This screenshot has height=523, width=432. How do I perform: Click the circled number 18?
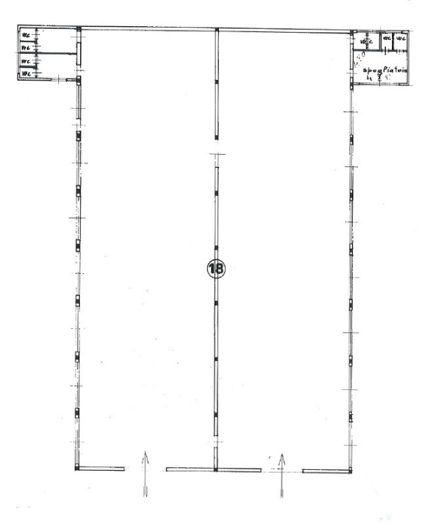216,267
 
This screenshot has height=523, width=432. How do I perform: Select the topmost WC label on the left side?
25,34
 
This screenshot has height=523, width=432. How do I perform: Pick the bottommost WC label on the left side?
25,73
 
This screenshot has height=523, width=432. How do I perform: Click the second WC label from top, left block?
25,47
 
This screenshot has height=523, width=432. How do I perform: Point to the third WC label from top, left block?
25,61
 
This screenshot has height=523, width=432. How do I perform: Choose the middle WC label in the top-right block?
388,38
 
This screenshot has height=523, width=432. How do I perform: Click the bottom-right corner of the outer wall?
352,470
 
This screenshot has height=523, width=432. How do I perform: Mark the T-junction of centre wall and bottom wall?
216,469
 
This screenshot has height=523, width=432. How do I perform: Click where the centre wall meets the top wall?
216,30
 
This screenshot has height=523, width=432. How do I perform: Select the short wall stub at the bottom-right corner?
327,470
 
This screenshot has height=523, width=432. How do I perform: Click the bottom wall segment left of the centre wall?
191,469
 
